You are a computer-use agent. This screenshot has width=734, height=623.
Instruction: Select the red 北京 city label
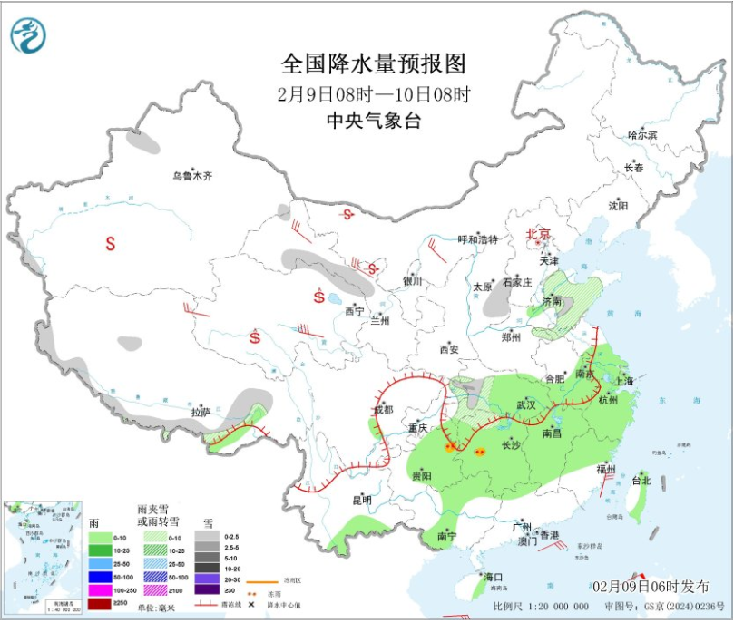pyautogui.click(x=539, y=234)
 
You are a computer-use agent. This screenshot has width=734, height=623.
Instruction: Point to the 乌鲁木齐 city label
pyautogui.click(x=193, y=176)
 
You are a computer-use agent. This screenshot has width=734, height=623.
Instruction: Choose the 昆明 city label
pyautogui.click(x=362, y=500)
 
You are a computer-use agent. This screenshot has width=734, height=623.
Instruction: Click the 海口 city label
pyautogui.click(x=494, y=577)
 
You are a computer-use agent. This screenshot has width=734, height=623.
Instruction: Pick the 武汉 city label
pyautogui.click(x=526, y=404)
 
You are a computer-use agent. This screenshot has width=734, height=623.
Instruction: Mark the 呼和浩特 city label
pyautogui.click(x=477, y=239)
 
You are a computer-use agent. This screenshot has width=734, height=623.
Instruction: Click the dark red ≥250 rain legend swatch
pyautogui.click(x=100, y=603)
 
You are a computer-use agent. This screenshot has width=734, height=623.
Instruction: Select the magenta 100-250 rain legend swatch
pyautogui.click(x=100, y=590)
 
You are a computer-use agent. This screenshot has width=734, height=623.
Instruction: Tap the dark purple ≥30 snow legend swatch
pyautogui.click(x=207, y=590)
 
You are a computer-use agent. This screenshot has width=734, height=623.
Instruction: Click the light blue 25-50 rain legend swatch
pyautogui.click(x=100, y=564)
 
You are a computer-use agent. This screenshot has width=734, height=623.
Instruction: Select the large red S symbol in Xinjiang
pyautogui.click(x=111, y=243)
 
